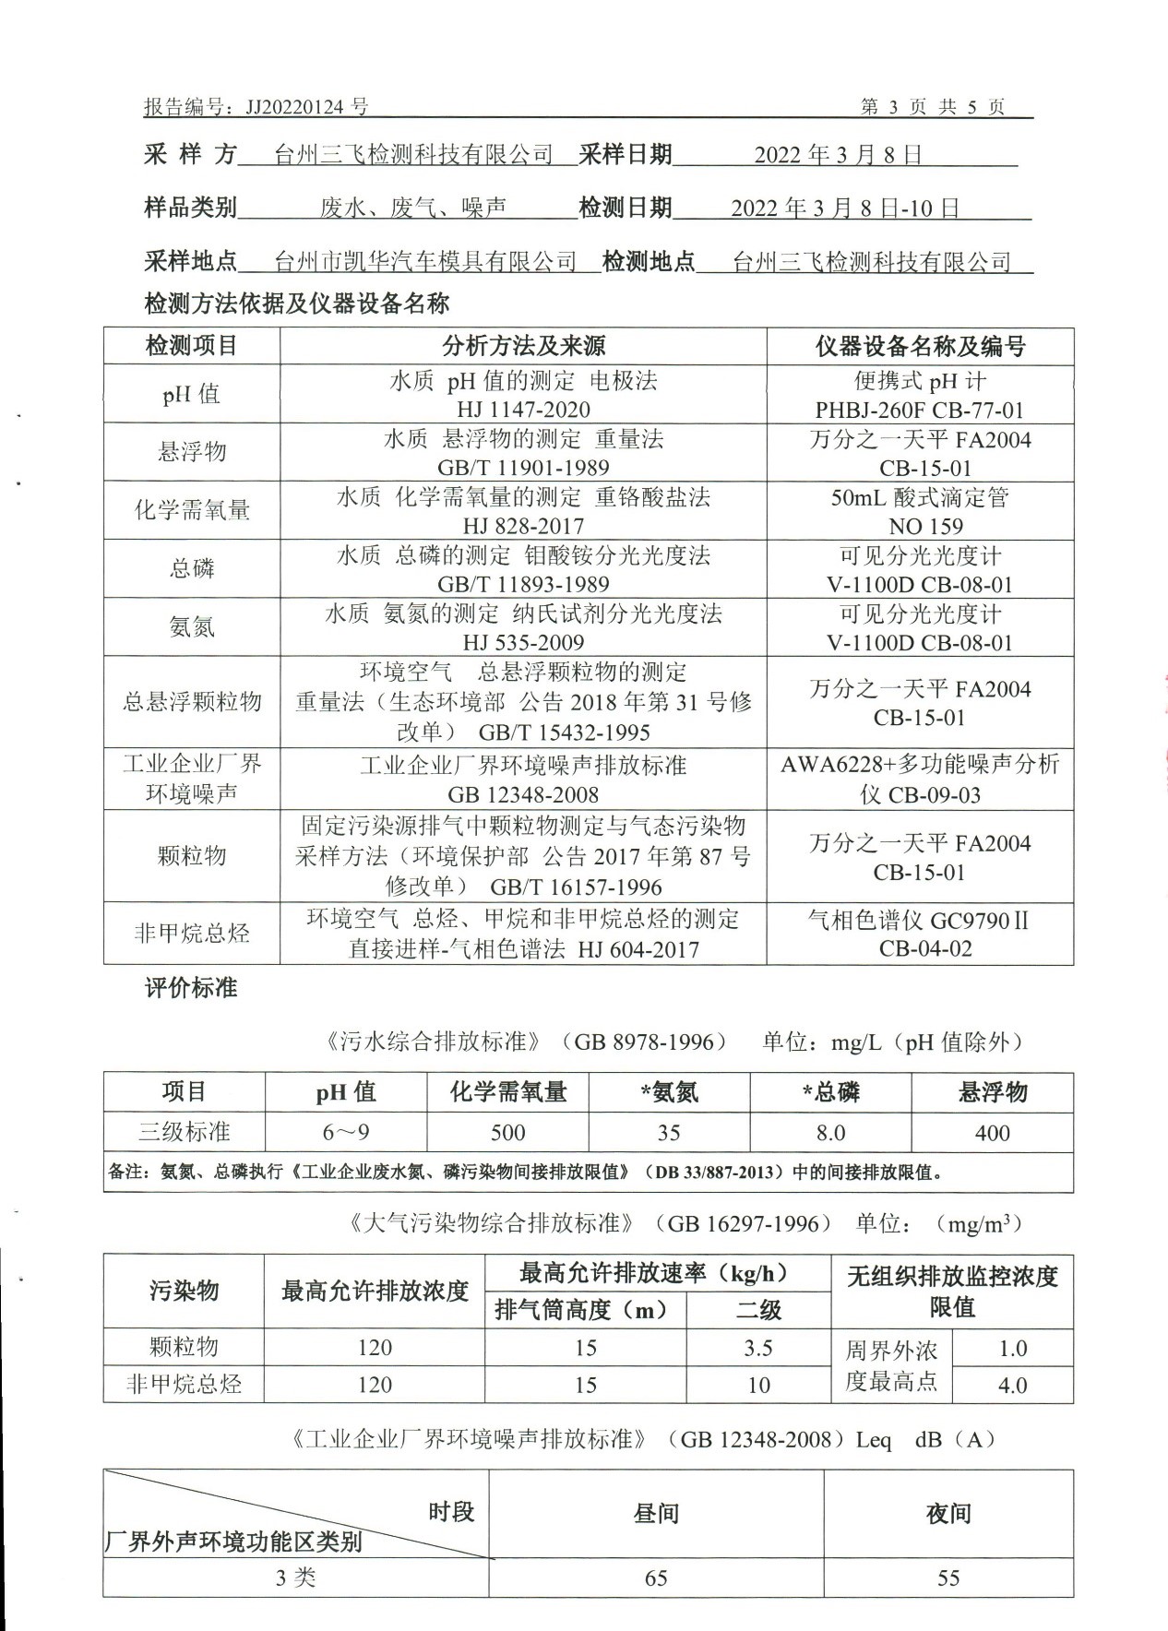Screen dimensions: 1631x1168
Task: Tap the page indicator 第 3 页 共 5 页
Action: (x=933, y=107)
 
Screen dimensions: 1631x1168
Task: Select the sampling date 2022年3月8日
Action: (x=838, y=154)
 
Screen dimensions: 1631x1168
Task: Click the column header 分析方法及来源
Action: (x=523, y=346)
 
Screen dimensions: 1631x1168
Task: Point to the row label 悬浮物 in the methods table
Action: (x=192, y=452)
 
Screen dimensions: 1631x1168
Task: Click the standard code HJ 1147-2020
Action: (x=523, y=410)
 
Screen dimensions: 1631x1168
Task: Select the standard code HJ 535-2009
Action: (x=523, y=643)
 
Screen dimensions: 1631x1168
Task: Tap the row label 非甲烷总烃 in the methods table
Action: (x=192, y=934)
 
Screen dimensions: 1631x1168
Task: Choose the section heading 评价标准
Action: (x=191, y=988)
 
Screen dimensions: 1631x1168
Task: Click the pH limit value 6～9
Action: (x=346, y=1133)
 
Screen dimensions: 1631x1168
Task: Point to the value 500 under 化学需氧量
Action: (x=507, y=1133)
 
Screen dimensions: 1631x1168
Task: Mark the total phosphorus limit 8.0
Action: (x=830, y=1133)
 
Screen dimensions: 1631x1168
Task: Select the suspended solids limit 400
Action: (x=992, y=1133)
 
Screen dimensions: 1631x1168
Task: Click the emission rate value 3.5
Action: (x=758, y=1348)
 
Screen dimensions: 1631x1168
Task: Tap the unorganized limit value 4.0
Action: (x=1012, y=1385)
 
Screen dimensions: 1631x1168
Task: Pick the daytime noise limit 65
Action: (x=656, y=1578)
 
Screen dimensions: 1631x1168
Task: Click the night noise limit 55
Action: (x=948, y=1578)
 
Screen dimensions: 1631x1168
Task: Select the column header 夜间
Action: (x=948, y=1514)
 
